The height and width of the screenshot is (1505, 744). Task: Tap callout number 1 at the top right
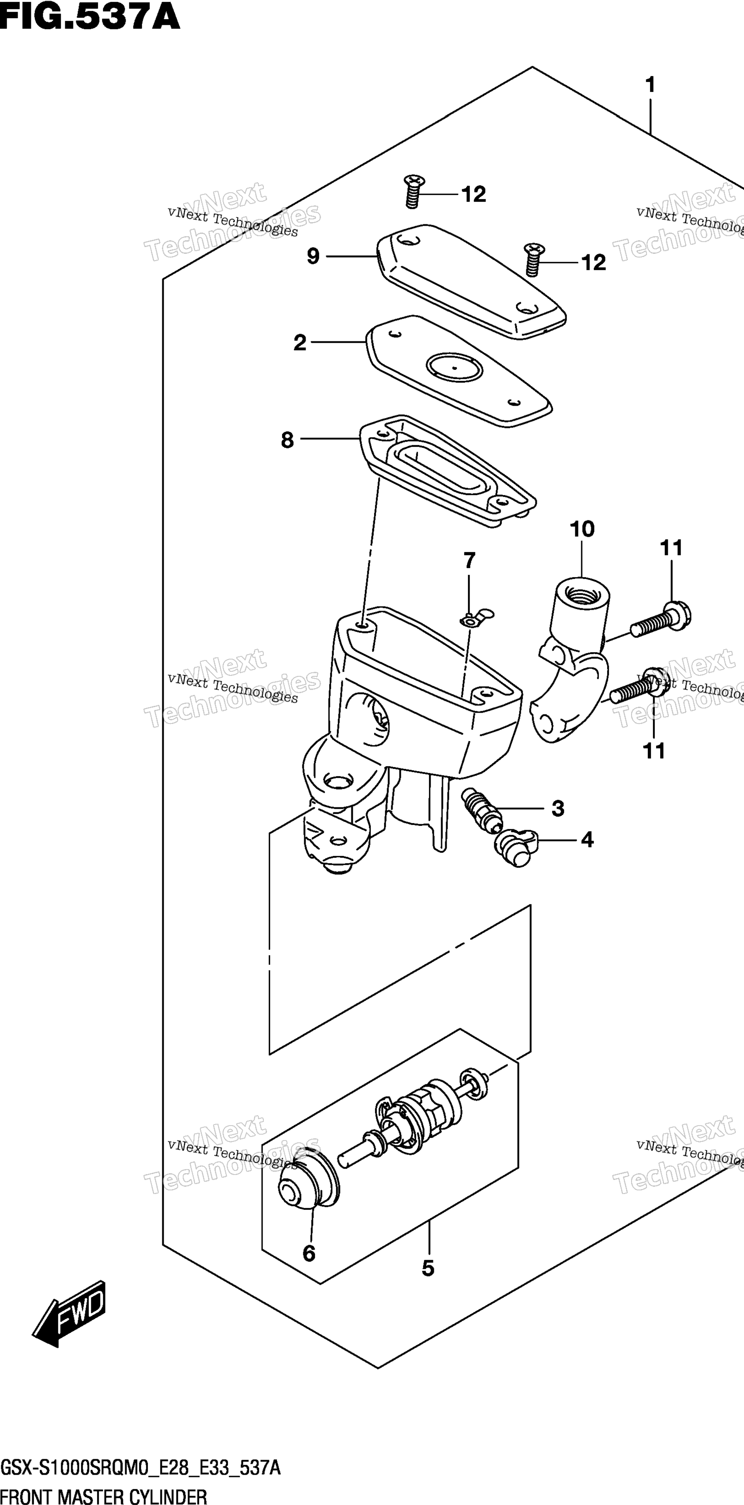650,86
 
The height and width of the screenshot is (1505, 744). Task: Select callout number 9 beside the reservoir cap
313,256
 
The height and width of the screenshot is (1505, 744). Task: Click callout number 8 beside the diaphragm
287,440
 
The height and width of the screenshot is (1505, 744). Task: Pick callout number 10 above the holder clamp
582,529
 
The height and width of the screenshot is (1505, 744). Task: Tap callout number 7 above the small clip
469,561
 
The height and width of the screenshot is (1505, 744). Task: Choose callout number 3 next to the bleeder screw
558,809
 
